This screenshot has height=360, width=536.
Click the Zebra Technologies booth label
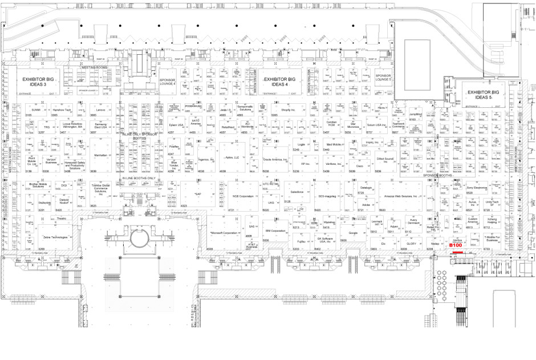point(55,237)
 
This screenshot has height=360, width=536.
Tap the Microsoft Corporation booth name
point(223,233)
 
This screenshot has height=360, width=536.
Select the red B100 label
point(456,245)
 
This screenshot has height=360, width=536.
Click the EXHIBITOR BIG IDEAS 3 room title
point(38,81)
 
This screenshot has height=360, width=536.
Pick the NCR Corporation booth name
point(243,196)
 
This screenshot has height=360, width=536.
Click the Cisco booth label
point(360,166)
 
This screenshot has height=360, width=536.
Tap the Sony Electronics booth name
point(477,187)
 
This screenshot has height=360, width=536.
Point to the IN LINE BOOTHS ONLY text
point(139,178)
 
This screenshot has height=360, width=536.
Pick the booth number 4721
point(232,210)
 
